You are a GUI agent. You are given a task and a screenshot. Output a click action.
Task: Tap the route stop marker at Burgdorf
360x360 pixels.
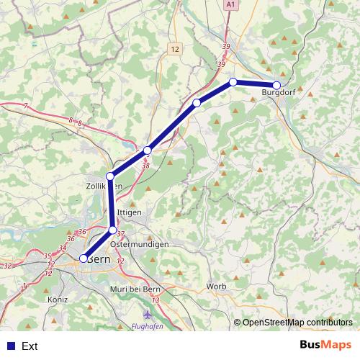coord(276,85)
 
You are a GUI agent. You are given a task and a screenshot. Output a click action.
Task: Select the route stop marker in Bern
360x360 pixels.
coord(84,258)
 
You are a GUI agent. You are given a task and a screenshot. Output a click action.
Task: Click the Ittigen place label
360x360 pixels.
coord(129,213)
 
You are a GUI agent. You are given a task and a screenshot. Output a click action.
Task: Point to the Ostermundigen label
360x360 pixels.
coord(140,244)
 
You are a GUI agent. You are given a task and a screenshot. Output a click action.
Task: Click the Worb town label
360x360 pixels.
coord(216,287)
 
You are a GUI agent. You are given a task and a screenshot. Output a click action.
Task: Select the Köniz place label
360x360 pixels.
coord(56,299)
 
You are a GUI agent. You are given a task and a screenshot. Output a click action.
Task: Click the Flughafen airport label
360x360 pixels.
coord(149,325)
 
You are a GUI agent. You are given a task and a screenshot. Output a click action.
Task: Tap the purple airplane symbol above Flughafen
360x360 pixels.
coord(149,315)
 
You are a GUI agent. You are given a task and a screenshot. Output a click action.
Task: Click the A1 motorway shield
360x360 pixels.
coord(230,4)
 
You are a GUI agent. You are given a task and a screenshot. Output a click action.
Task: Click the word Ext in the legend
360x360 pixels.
coord(30,346)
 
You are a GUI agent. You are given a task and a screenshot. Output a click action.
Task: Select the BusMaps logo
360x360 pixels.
coord(325,346)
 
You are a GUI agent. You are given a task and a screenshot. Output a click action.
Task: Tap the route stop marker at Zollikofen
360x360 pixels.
coord(110,176)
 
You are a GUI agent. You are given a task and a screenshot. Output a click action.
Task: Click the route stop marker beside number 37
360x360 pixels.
coord(112,230)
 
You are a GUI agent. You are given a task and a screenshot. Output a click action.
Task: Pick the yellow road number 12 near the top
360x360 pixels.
coord(176,49)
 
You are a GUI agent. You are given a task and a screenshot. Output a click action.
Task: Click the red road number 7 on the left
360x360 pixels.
coord(25,106)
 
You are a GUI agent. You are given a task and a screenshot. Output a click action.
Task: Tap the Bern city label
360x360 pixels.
coord(100,259)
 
